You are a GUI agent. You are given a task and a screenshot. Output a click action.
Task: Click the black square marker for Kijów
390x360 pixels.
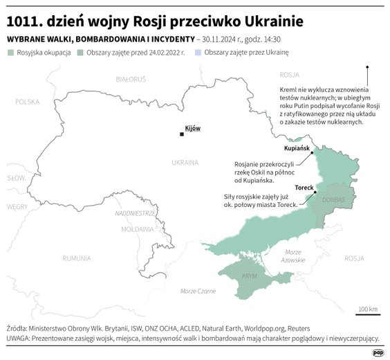181,134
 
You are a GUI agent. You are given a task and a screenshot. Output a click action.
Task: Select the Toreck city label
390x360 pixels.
304,188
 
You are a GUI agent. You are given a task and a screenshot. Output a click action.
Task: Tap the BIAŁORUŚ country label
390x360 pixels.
130,80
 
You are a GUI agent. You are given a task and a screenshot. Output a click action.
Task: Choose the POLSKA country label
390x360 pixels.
28,101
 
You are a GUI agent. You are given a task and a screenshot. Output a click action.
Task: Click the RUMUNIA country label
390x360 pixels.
76,258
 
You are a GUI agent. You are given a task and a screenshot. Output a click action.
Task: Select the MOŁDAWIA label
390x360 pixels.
136,228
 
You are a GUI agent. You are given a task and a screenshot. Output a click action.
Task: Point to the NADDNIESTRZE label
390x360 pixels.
136,213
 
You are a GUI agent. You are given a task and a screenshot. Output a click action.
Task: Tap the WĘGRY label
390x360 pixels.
17,206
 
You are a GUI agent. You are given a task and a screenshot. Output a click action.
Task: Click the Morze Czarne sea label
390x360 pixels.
198,291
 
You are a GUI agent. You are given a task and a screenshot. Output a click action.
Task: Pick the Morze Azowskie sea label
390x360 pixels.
293,255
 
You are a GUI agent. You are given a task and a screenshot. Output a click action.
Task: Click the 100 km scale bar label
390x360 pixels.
367,309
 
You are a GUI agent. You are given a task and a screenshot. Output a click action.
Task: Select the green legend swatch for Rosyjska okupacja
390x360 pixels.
10,53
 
